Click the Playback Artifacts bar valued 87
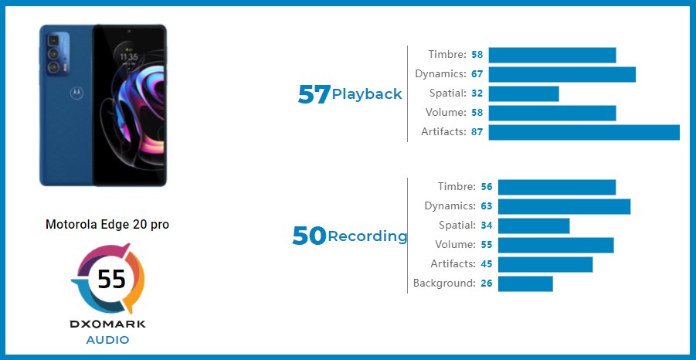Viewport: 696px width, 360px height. click(x=584, y=132)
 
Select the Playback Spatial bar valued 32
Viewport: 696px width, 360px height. click(x=524, y=93)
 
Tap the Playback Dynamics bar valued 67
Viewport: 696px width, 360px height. click(x=562, y=75)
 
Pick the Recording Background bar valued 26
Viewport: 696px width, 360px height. click(x=525, y=284)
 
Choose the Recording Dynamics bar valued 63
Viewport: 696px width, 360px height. click(x=564, y=206)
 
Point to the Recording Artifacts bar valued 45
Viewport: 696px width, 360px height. click(x=545, y=264)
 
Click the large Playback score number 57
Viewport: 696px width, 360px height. click(x=314, y=94)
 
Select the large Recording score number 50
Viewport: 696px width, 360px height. click(x=310, y=236)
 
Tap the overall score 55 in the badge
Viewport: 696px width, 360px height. click(x=111, y=279)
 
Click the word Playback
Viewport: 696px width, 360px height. click(x=367, y=94)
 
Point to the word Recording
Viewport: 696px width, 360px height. click(x=368, y=236)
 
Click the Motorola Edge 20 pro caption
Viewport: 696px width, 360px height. click(x=107, y=225)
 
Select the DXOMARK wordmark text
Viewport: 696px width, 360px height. click(x=107, y=324)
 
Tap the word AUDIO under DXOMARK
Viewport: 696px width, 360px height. click(x=108, y=340)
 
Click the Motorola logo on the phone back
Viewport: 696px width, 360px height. click(x=76, y=93)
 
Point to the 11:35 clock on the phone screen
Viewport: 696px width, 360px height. click(x=129, y=57)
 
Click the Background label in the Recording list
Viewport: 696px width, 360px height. click(x=444, y=284)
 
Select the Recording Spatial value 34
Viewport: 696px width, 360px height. click(x=487, y=226)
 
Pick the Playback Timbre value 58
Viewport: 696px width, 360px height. click(x=477, y=55)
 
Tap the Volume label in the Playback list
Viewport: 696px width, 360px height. click(x=446, y=113)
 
